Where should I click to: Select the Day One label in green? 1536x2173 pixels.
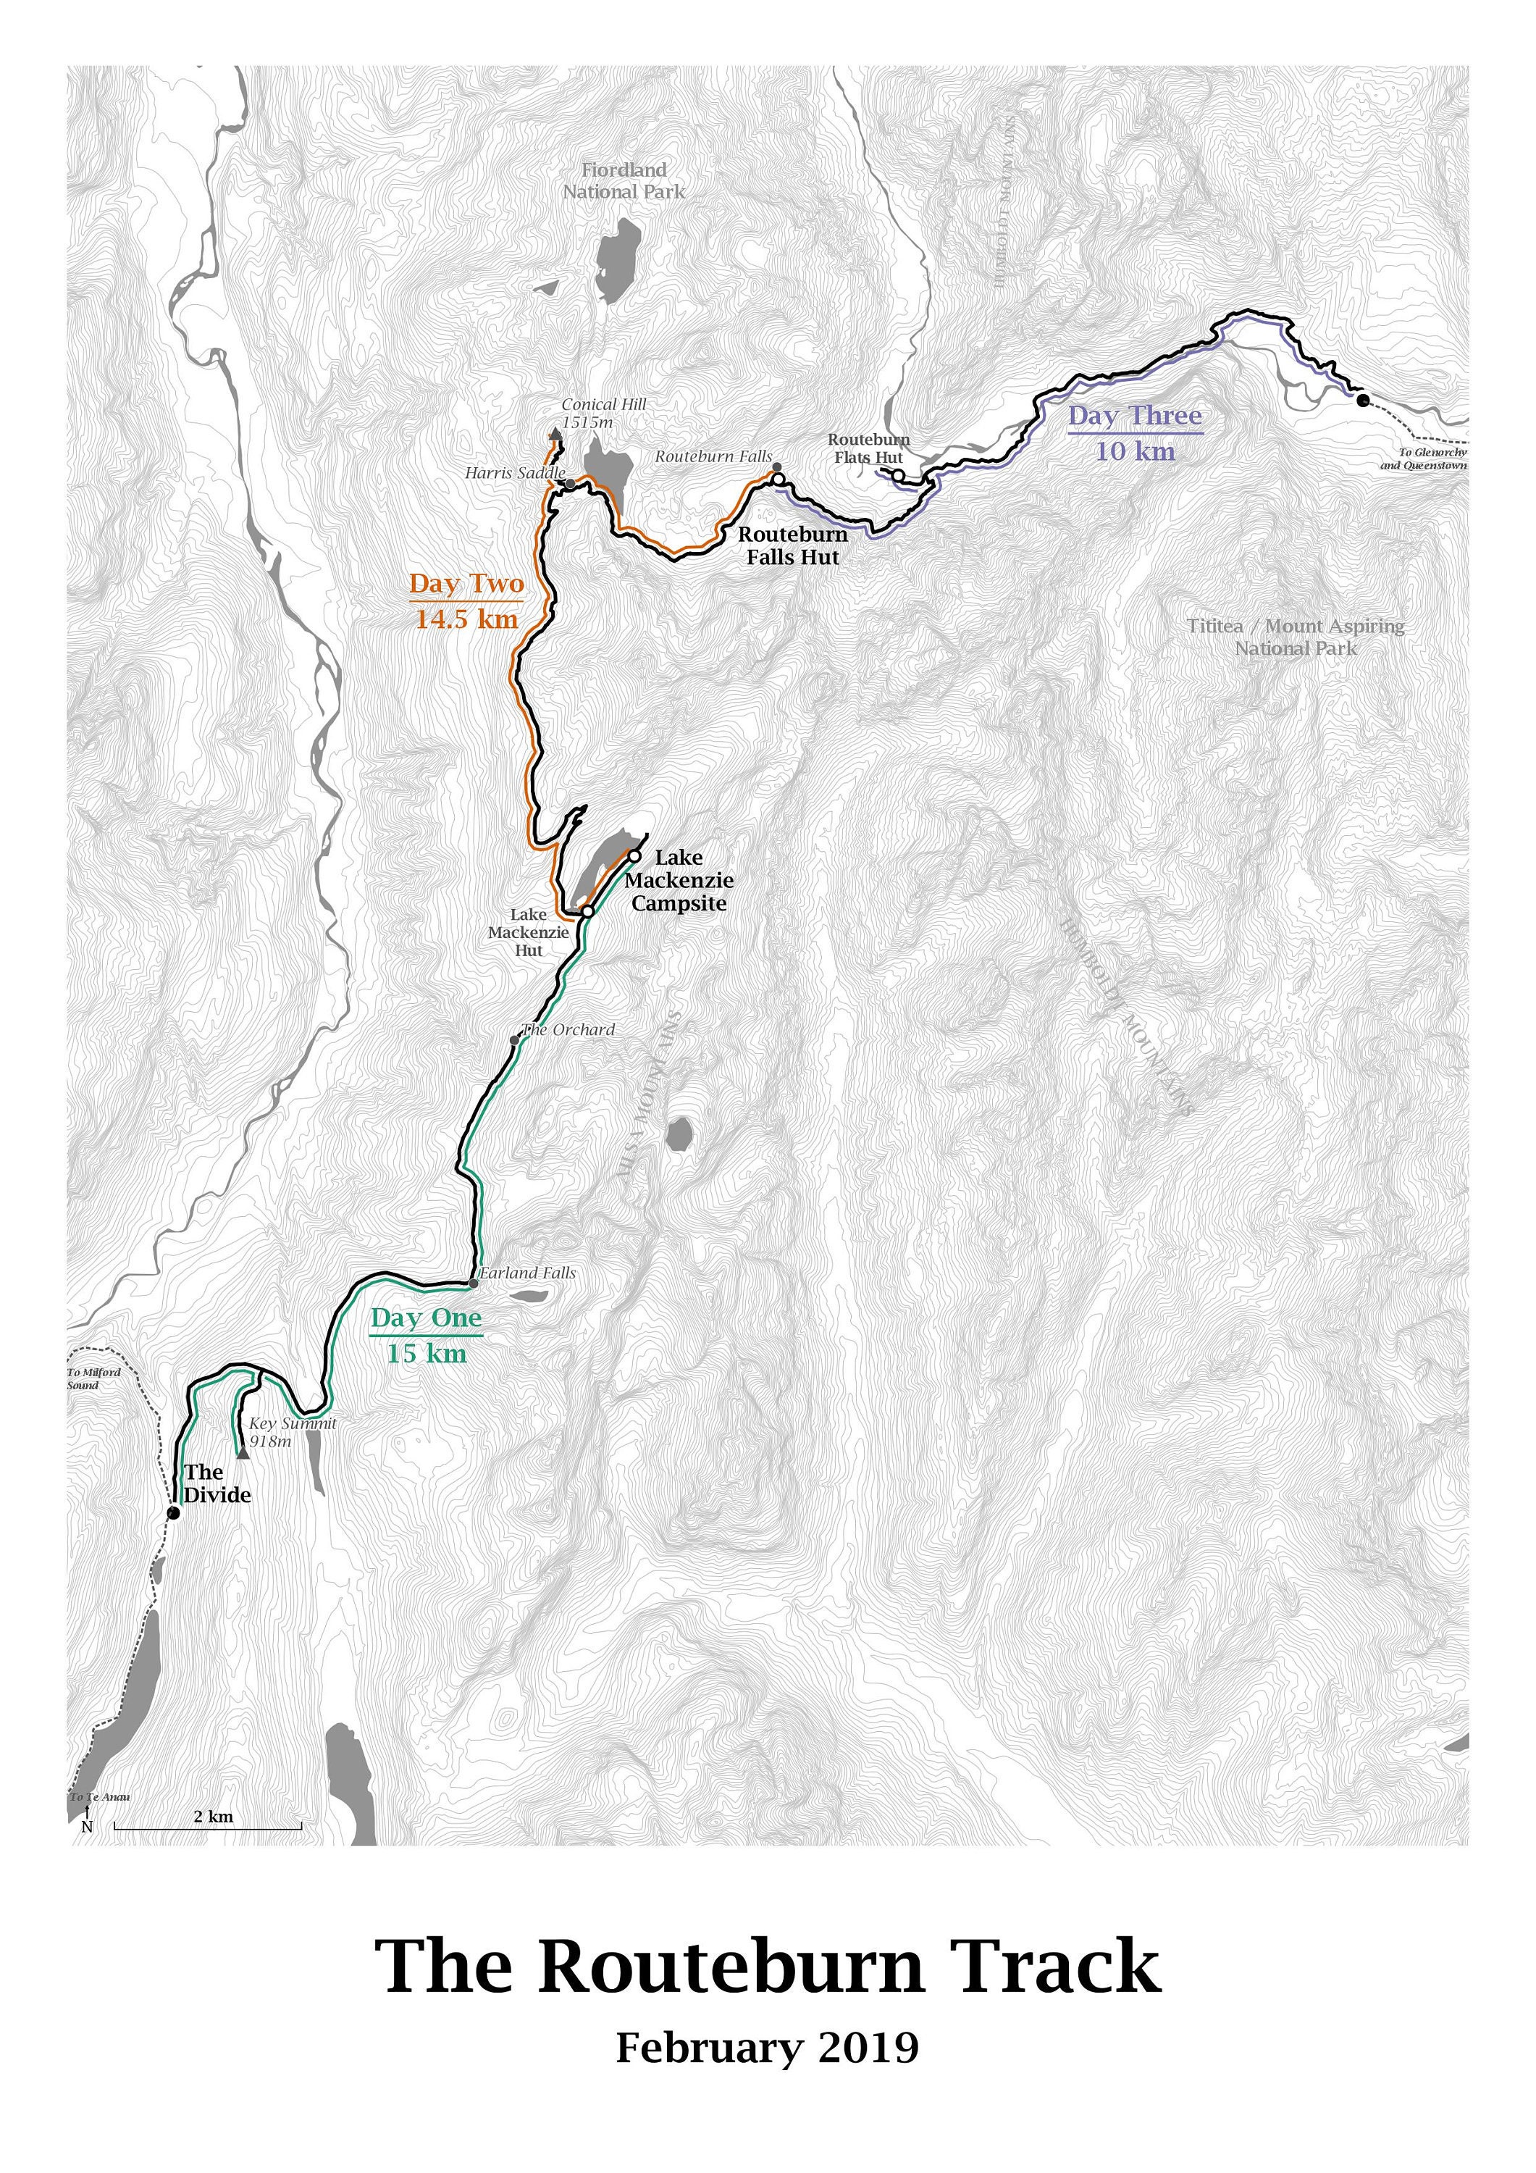[426, 1318]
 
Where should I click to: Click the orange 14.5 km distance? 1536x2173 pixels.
[466, 620]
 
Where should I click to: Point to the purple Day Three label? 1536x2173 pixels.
[1135, 416]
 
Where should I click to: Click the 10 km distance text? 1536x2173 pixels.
[1135, 451]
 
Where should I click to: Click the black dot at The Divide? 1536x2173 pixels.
[173, 1513]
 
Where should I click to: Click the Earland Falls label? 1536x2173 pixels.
[527, 1273]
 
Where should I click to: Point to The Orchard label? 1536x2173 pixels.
[568, 1030]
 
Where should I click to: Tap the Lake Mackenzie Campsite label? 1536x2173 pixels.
[679, 880]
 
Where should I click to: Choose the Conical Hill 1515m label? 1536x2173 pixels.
[603, 414]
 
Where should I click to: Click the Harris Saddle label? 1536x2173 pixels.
[515, 472]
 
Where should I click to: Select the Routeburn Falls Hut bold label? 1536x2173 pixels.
[793, 546]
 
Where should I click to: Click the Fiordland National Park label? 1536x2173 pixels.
[624, 181]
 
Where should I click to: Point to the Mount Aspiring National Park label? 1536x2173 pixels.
[1296, 637]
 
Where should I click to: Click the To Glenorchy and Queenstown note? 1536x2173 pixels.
[1422, 459]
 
